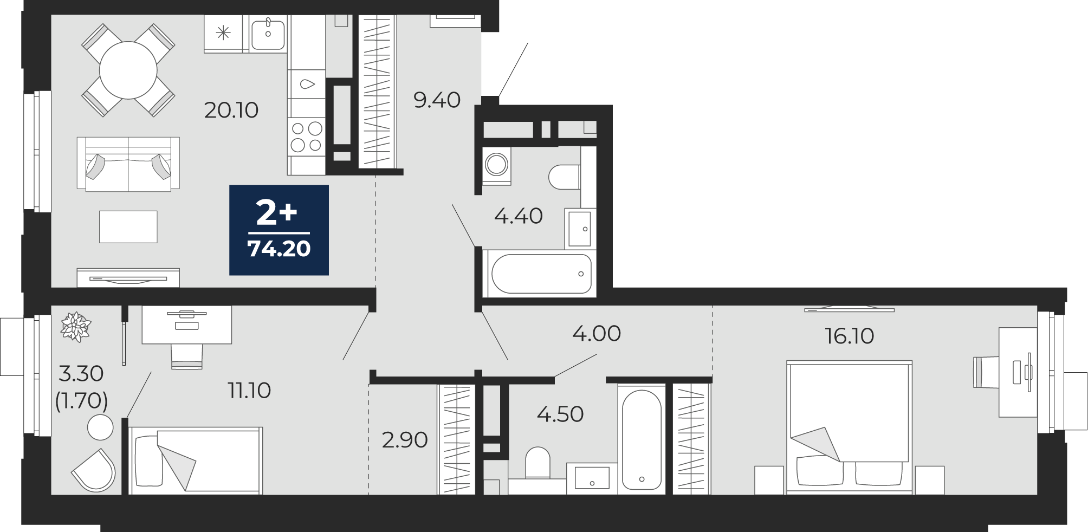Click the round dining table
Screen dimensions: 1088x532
[128, 70]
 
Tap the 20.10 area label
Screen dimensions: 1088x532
[231, 110]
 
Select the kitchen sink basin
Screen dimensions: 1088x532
[268, 34]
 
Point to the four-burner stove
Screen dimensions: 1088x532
[307, 137]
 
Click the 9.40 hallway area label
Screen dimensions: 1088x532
[437, 100]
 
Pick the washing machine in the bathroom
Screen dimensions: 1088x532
[496, 165]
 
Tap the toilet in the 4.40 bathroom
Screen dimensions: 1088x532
[565, 177]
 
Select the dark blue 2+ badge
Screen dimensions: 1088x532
[279, 230]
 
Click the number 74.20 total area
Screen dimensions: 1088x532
[279, 249]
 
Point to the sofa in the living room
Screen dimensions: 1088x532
[128, 164]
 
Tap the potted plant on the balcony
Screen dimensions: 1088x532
[76, 327]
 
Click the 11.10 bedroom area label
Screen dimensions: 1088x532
[249, 390]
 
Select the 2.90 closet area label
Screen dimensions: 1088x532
[405, 440]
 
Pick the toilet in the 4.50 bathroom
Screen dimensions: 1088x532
[537, 463]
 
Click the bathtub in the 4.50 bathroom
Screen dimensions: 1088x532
[642, 439]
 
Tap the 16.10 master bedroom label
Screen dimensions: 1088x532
[850, 336]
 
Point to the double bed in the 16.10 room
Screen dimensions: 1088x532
[849, 427]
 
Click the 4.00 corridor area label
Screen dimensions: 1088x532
[597, 333]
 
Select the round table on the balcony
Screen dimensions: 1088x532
[100, 427]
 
